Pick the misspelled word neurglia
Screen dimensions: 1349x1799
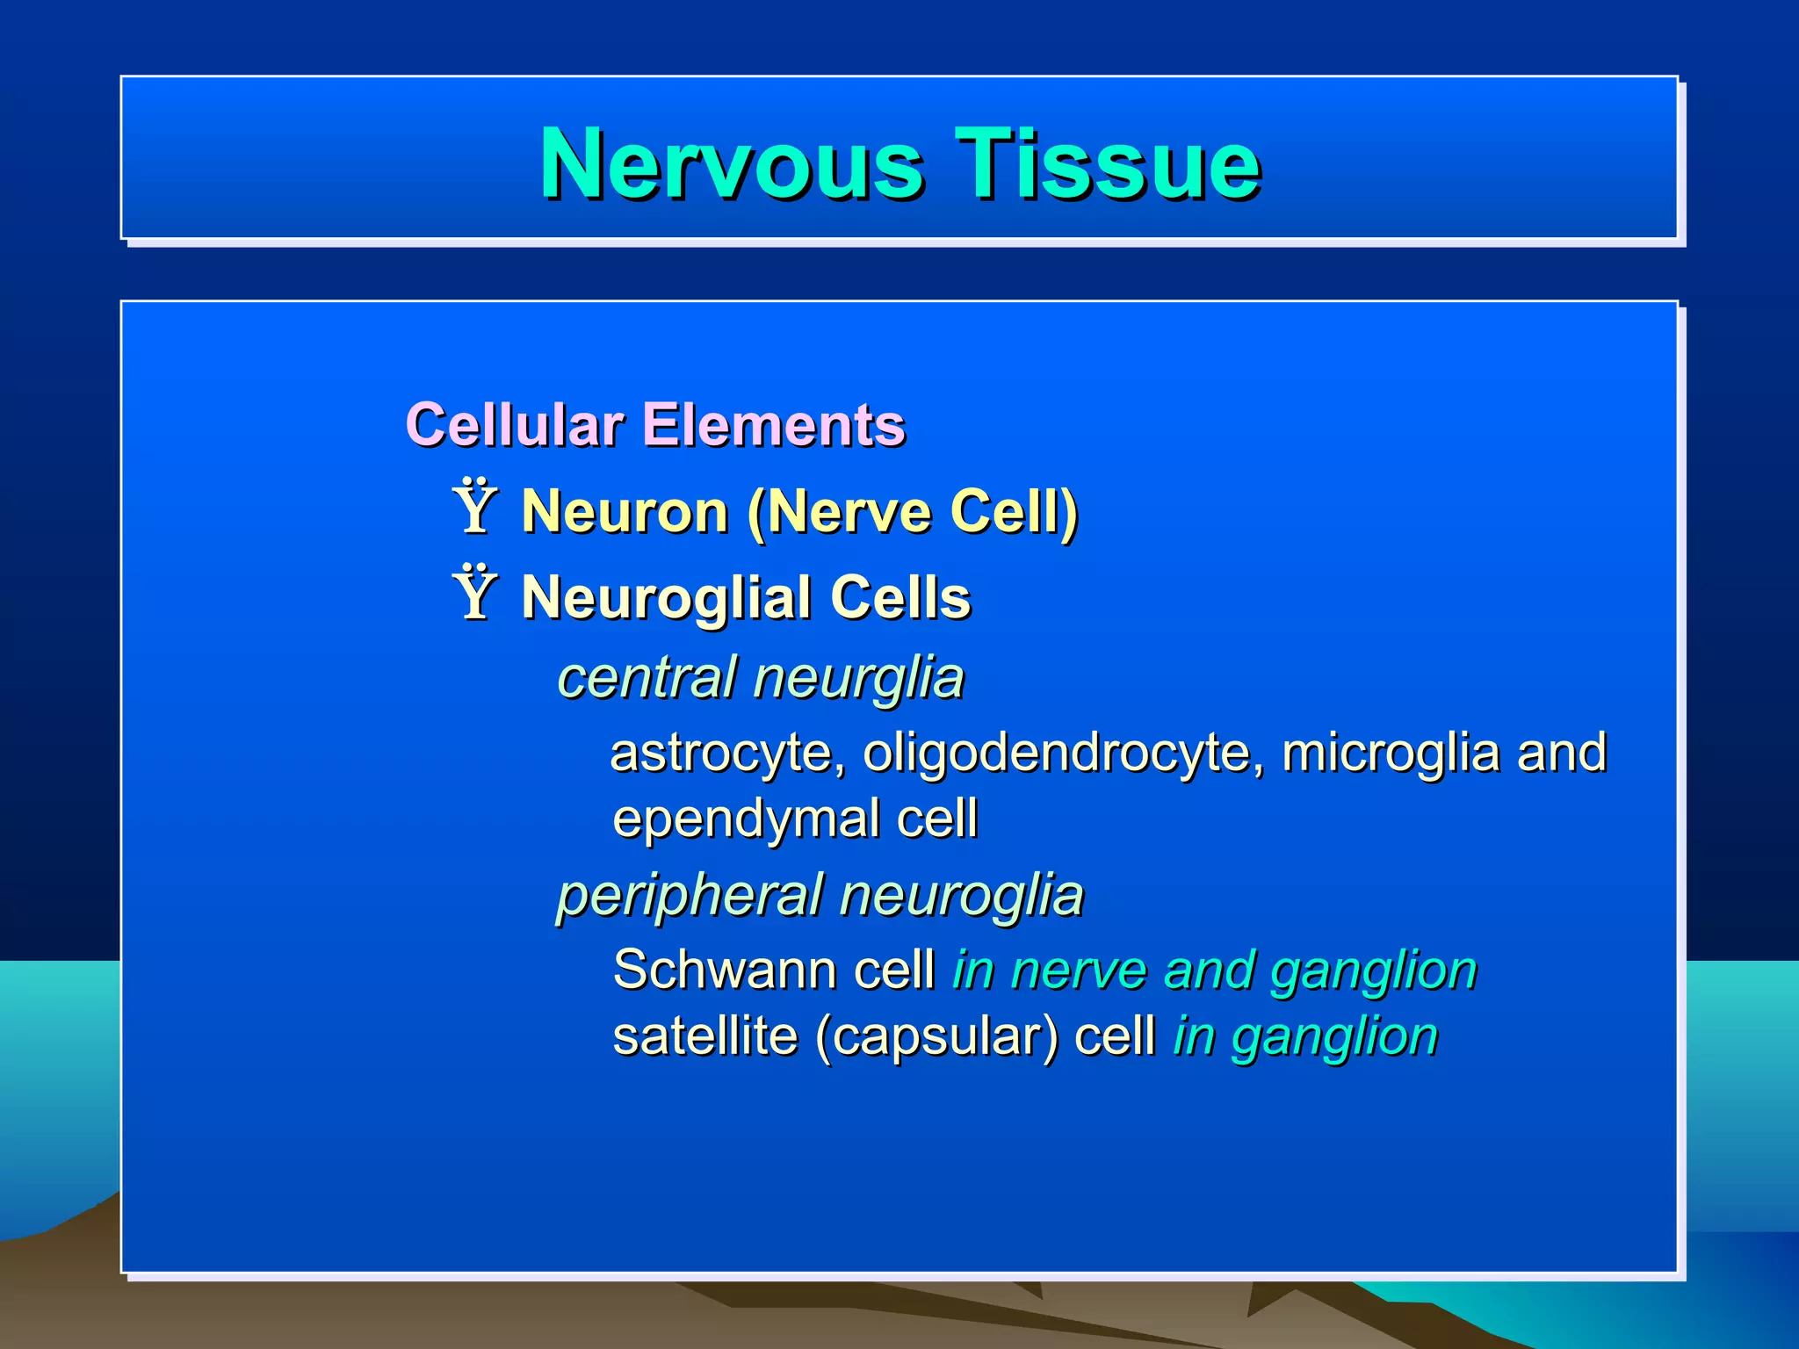858,678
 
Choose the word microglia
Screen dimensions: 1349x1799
1391,754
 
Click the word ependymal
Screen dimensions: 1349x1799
746,819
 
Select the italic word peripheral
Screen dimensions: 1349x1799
690,897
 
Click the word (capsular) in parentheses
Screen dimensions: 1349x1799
936,1036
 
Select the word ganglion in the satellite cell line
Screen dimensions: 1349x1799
1334,1037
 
